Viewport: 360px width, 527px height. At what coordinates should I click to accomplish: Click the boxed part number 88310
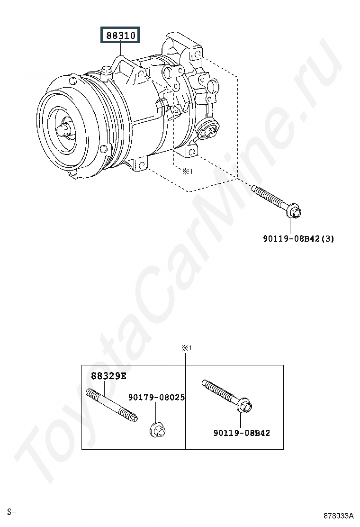tap(121, 35)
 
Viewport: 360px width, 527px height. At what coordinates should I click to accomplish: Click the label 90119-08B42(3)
tap(298, 239)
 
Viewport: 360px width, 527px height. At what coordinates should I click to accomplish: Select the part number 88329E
tap(108, 376)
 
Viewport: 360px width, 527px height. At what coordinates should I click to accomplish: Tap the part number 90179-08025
tap(156, 398)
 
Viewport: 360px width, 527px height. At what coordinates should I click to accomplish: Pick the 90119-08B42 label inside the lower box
tap(242, 433)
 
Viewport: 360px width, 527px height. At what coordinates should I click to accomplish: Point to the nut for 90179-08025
tap(157, 430)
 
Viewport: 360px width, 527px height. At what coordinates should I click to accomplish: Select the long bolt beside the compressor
tap(277, 202)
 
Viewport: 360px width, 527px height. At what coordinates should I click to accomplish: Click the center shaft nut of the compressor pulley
tap(64, 130)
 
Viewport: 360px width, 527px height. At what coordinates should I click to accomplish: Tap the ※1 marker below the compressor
tap(188, 172)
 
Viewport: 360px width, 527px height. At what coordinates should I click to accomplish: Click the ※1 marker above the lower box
tap(186, 348)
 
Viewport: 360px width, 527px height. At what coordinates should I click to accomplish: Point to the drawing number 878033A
tap(339, 516)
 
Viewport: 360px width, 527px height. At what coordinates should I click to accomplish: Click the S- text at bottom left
tap(11, 512)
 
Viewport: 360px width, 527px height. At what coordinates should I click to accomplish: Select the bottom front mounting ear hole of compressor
tap(142, 165)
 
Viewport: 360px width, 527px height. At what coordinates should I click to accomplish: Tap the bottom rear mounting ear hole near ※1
tap(192, 152)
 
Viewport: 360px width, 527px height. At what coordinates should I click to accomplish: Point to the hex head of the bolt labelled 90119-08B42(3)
tap(295, 212)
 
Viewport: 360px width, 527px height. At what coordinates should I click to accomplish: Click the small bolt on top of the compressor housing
tap(107, 72)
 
